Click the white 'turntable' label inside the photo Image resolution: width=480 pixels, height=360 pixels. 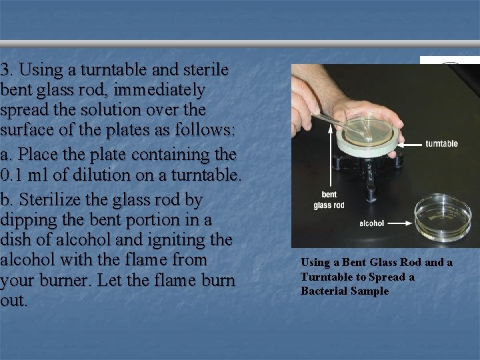[x=441, y=143]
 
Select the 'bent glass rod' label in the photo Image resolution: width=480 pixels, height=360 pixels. [x=329, y=200]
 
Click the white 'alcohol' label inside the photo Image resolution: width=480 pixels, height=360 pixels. [x=371, y=223]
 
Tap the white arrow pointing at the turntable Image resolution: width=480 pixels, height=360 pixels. [x=413, y=143]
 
